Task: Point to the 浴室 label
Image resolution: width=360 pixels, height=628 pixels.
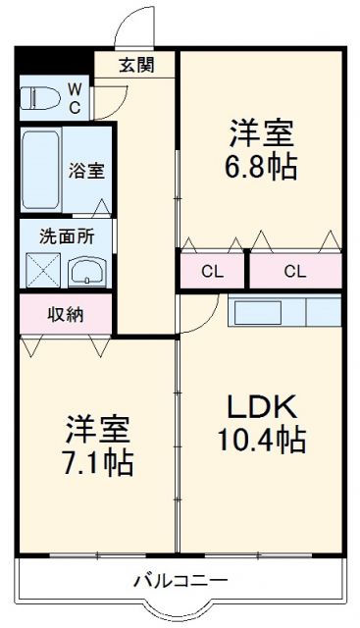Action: [86, 170]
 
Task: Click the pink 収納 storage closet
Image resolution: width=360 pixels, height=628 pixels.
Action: [66, 315]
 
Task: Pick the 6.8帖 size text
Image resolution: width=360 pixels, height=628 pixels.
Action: [262, 162]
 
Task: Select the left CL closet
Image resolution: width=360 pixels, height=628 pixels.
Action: [211, 271]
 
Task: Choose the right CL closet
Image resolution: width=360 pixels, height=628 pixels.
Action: [294, 271]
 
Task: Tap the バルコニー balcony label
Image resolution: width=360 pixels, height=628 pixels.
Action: [180, 580]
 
